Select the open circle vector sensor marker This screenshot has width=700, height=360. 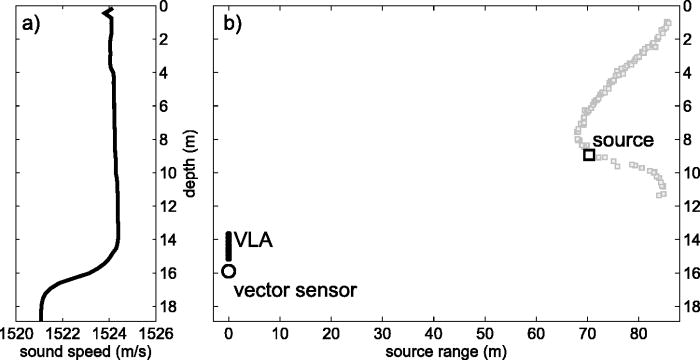(229, 271)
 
